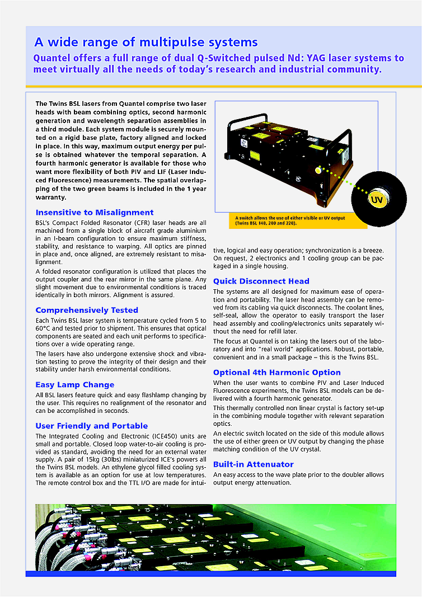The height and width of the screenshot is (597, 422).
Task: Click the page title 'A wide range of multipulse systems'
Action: (x=146, y=42)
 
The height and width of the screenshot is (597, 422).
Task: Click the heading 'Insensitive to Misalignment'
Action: (x=94, y=213)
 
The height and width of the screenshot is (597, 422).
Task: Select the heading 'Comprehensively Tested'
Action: (x=87, y=310)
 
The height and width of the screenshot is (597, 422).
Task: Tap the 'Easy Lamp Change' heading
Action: (x=75, y=385)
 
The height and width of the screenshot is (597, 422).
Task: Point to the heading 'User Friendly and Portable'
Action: (x=92, y=426)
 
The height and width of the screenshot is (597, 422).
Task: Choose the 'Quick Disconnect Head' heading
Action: (x=261, y=281)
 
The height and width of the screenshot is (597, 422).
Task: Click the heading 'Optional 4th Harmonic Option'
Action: (x=276, y=373)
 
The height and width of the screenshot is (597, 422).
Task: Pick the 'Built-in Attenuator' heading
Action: (x=253, y=464)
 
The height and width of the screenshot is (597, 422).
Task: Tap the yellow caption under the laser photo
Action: (x=285, y=220)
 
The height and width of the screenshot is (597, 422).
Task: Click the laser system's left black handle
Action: (x=236, y=124)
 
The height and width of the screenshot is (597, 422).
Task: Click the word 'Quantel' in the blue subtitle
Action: (x=54, y=58)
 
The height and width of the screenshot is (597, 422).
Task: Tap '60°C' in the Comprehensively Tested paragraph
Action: (x=45, y=335)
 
